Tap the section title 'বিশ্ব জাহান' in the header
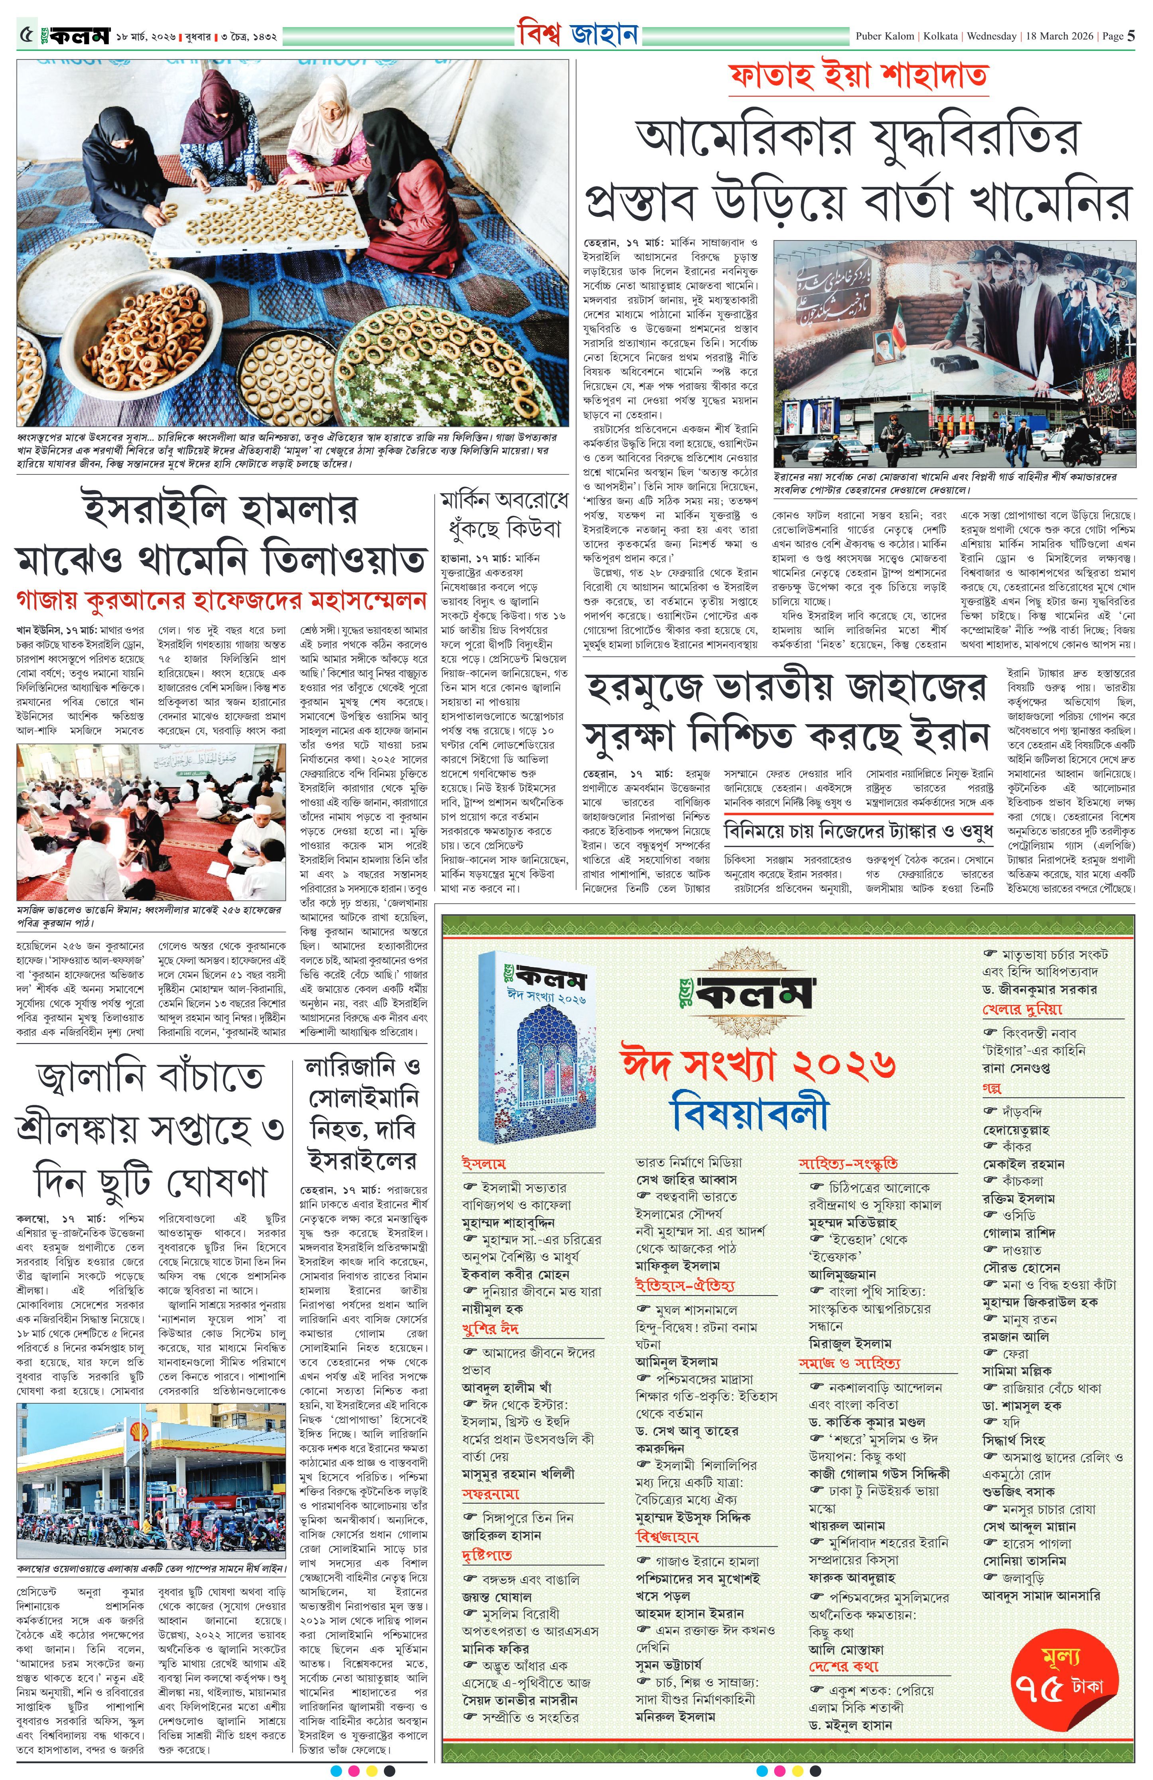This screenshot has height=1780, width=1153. tap(576, 35)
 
